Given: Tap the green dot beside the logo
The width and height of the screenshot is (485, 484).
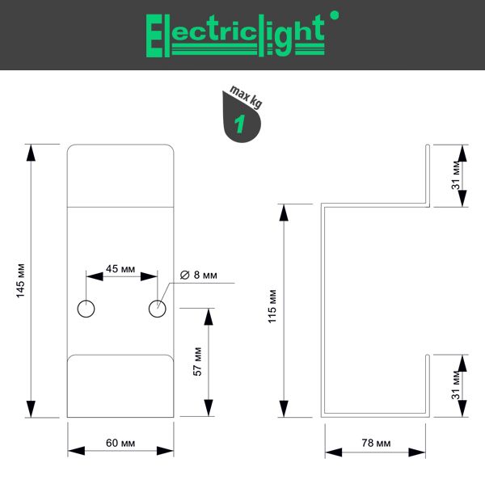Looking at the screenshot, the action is (x=335, y=15).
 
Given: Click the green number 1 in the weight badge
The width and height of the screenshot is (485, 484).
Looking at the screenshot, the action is (x=240, y=124).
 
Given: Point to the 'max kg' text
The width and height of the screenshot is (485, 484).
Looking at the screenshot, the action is (x=246, y=96).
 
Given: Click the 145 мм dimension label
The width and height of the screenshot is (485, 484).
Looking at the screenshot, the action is (x=20, y=280).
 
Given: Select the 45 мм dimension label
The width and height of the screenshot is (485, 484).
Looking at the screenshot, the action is (x=120, y=269).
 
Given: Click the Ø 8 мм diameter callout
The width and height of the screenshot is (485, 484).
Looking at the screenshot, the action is (x=199, y=275).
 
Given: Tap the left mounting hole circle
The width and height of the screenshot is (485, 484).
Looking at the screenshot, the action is (x=86, y=309).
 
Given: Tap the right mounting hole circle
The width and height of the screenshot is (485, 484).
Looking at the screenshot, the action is (x=158, y=309).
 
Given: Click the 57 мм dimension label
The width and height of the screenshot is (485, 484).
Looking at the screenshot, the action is (x=197, y=361).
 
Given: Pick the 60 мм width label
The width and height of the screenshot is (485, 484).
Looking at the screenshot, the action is (x=120, y=443).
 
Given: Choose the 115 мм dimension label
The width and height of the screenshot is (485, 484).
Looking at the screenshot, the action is (x=272, y=306).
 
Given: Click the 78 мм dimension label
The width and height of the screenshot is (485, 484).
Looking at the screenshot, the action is (x=376, y=443).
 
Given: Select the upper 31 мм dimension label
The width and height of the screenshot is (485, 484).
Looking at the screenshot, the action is (x=456, y=175).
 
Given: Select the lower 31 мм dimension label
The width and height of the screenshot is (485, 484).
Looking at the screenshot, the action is (x=456, y=385).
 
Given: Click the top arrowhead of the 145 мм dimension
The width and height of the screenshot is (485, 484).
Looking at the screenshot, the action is (x=31, y=153).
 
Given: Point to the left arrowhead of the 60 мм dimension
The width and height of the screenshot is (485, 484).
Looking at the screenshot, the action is (x=77, y=451).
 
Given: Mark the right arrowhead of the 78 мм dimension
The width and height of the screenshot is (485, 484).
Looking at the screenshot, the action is (x=416, y=452).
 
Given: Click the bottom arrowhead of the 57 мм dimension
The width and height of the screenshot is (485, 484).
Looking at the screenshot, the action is (x=209, y=408).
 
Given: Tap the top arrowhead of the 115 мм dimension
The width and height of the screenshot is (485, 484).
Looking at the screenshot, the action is (x=284, y=213).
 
